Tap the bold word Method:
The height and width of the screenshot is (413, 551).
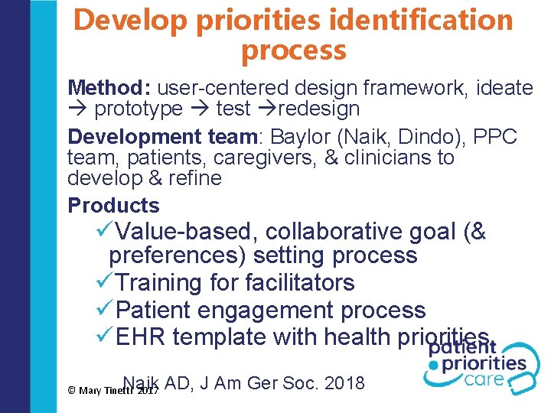115,89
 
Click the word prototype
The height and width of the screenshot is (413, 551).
139,109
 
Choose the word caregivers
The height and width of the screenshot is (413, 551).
203,158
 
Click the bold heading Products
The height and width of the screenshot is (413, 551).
113,206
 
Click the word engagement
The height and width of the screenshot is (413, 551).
273,311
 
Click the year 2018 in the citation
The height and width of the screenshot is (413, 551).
344,383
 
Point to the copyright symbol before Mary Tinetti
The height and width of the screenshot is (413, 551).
71,390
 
